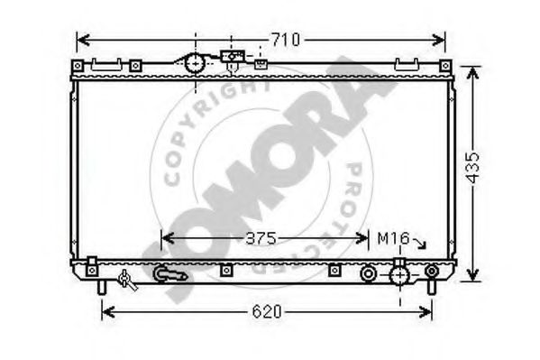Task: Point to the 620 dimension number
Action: (x=266, y=312)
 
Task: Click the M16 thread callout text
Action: (x=393, y=239)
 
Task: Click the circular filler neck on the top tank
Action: (x=195, y=64)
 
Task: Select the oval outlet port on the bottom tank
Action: (x=168, y=272)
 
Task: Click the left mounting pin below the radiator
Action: (x=101, y=286)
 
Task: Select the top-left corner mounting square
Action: (x=78, y=66)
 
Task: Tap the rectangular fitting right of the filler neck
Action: (x=232, y=57)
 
